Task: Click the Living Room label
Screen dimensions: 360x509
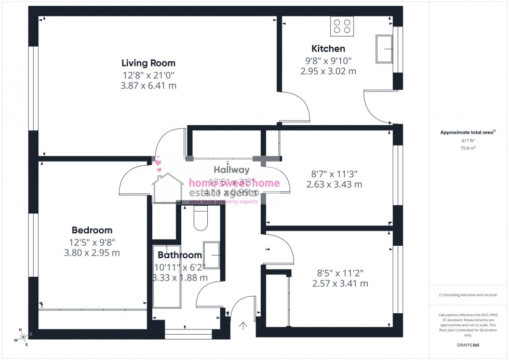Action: (148, 63)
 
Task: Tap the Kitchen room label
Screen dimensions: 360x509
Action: (328, 49)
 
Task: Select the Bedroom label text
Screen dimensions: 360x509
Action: (91, 230)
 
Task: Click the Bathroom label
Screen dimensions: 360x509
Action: (179, 255)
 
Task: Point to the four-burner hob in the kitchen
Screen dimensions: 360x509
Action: (342, 25)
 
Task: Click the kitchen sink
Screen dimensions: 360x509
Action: (385, 49)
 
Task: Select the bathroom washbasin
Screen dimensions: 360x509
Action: (211, 255)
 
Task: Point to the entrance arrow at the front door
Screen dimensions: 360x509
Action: (243, 326)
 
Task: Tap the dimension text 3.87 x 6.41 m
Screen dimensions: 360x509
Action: (148, 86)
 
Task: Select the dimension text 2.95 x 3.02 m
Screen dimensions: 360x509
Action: (328, 71)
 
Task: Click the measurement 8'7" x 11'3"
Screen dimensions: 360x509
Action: (334, 173)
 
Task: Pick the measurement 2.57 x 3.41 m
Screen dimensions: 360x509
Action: (340, 284)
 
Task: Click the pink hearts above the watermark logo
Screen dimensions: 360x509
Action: (158, 165)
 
